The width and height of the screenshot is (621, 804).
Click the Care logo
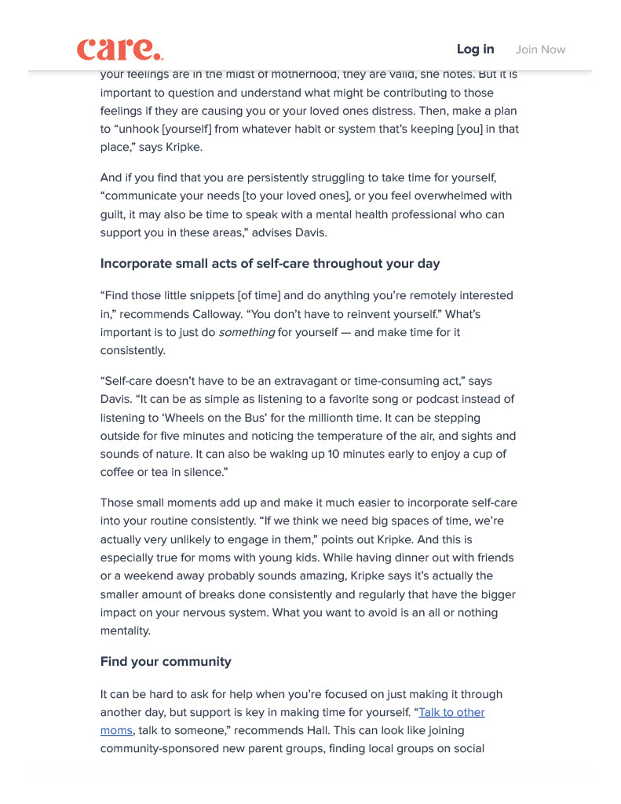(119, 49)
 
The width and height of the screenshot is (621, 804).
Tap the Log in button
(475, 49)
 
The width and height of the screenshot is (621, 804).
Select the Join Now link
(540, 49)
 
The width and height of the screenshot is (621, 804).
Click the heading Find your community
(166, 661)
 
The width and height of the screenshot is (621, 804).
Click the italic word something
(247, 332)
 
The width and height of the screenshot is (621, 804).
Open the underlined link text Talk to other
(451, 712)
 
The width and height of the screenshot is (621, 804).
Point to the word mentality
(125, 630)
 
